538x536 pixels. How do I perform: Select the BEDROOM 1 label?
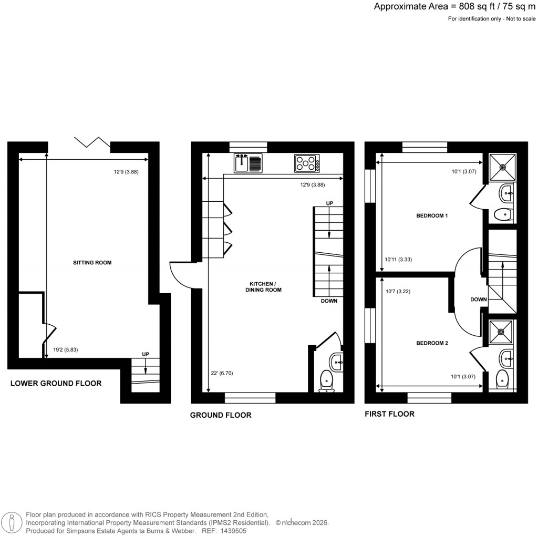click(432, 216)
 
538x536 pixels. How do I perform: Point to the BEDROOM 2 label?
click(432, 343)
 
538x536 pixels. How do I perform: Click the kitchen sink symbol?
click(248, 163)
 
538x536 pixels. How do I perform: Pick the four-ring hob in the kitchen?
click(307, 163)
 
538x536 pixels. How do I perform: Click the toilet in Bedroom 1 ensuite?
click(503, 214)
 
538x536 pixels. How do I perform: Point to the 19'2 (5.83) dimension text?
click(66, 349)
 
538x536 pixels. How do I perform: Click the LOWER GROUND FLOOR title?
click(56, 384)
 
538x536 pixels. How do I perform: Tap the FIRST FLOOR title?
click(389, 414)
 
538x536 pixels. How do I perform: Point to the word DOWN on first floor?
click(479, 300)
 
